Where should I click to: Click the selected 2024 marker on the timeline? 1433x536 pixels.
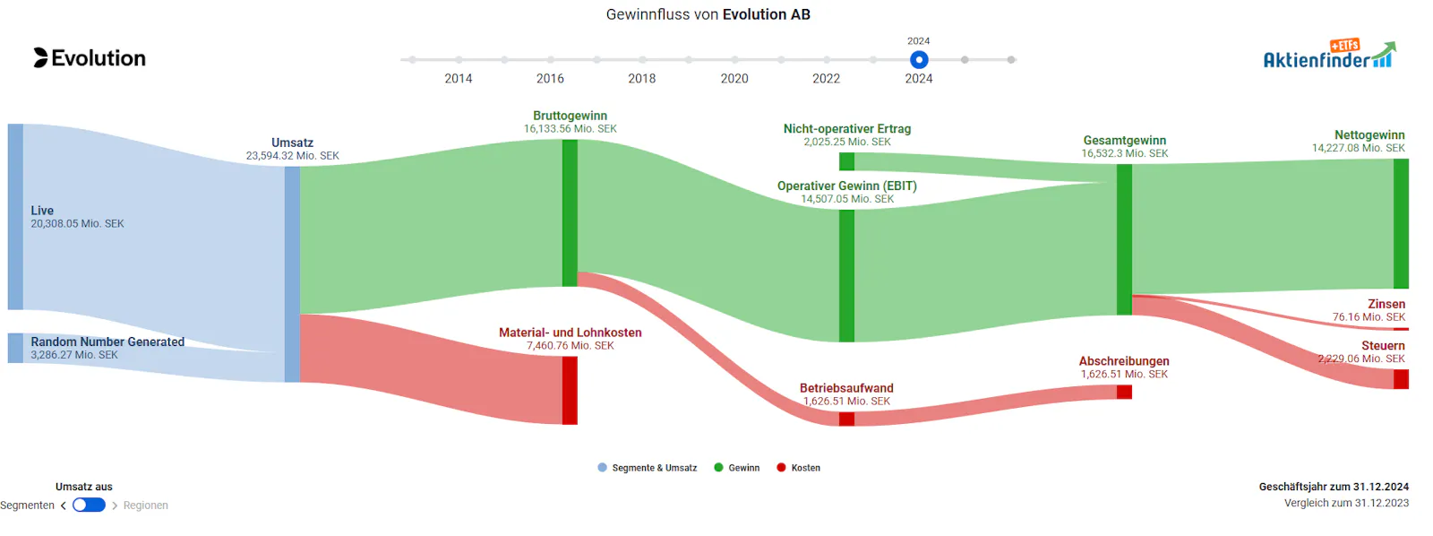[919, 59]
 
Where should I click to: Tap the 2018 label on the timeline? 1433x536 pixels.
[641, 78]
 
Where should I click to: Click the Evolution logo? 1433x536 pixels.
[90, 57]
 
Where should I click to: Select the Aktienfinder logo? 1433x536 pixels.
[1329, 55]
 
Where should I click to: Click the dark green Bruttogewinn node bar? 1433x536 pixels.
[570, 212]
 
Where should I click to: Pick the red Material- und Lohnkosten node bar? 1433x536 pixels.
[570, 390]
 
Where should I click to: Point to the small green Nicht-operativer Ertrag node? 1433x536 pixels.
[846, 161]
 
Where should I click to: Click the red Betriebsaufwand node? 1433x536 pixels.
[846, 419]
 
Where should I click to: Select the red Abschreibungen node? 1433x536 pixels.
[1124, 392]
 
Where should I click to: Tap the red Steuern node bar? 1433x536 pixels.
[1401, 379]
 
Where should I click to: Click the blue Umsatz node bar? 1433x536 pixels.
[292, 274]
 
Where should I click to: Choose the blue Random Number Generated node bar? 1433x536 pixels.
[15, 348]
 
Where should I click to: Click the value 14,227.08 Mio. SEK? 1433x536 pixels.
[1359, 148]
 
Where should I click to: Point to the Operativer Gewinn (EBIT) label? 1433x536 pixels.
[847, 186]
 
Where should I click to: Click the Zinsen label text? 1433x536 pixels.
[1387, 304]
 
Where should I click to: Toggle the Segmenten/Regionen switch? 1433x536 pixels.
[89, 506]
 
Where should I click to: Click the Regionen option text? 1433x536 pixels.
[146, 506]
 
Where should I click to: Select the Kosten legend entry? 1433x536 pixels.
[798, 468]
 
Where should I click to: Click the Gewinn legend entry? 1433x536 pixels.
[737, 468]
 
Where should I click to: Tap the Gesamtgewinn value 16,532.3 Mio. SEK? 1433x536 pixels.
[1125, 153]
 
